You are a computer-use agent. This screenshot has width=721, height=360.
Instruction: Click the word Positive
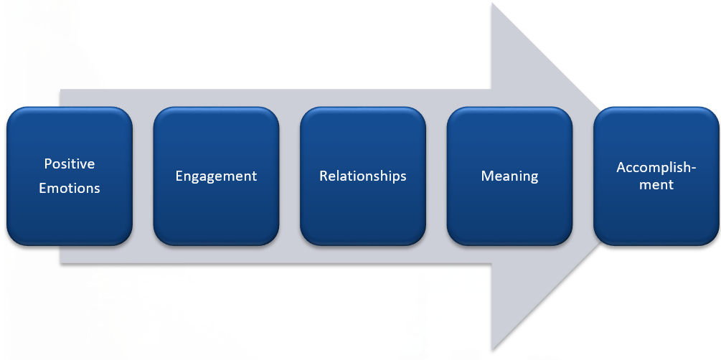[70, 164]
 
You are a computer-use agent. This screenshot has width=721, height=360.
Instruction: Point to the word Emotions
[70, 189]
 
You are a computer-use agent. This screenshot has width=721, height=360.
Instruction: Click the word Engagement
[216, 176]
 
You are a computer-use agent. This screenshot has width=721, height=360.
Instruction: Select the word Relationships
[363, 176]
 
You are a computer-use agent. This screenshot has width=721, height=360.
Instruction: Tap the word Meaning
[509, 176]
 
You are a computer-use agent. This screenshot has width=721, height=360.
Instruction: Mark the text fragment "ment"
[656, 185]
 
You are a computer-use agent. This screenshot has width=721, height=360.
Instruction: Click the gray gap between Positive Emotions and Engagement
[143, 176]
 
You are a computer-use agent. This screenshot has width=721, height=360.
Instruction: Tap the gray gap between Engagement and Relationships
[290, 176]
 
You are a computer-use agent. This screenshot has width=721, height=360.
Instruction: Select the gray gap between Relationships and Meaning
[436, 176]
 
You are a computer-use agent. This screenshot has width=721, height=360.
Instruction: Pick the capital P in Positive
[48, 164]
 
